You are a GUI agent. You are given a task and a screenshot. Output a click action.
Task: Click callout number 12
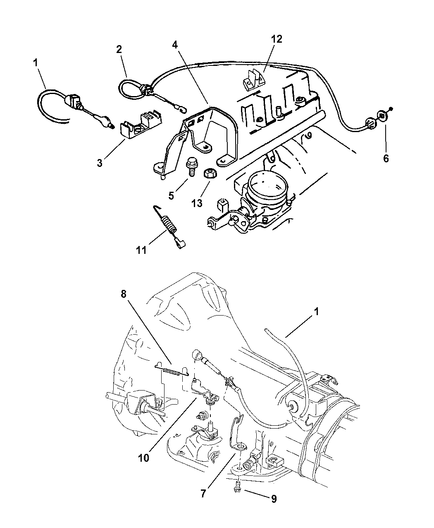277,39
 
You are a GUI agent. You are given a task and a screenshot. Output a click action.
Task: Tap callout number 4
175,45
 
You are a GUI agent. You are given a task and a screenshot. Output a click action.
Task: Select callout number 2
119,49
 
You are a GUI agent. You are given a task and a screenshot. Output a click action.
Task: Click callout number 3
100,163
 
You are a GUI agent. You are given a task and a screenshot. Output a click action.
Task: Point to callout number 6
386,159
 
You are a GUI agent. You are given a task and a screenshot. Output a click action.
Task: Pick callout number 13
197,203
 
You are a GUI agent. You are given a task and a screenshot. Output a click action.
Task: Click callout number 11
141,251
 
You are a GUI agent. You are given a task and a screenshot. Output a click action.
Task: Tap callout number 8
124,294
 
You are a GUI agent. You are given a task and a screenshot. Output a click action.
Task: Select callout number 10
144,458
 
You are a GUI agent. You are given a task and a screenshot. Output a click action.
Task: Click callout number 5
171,196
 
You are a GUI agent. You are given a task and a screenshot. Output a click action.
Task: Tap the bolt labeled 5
191,166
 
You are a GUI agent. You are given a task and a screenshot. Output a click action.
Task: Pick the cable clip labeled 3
141,126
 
